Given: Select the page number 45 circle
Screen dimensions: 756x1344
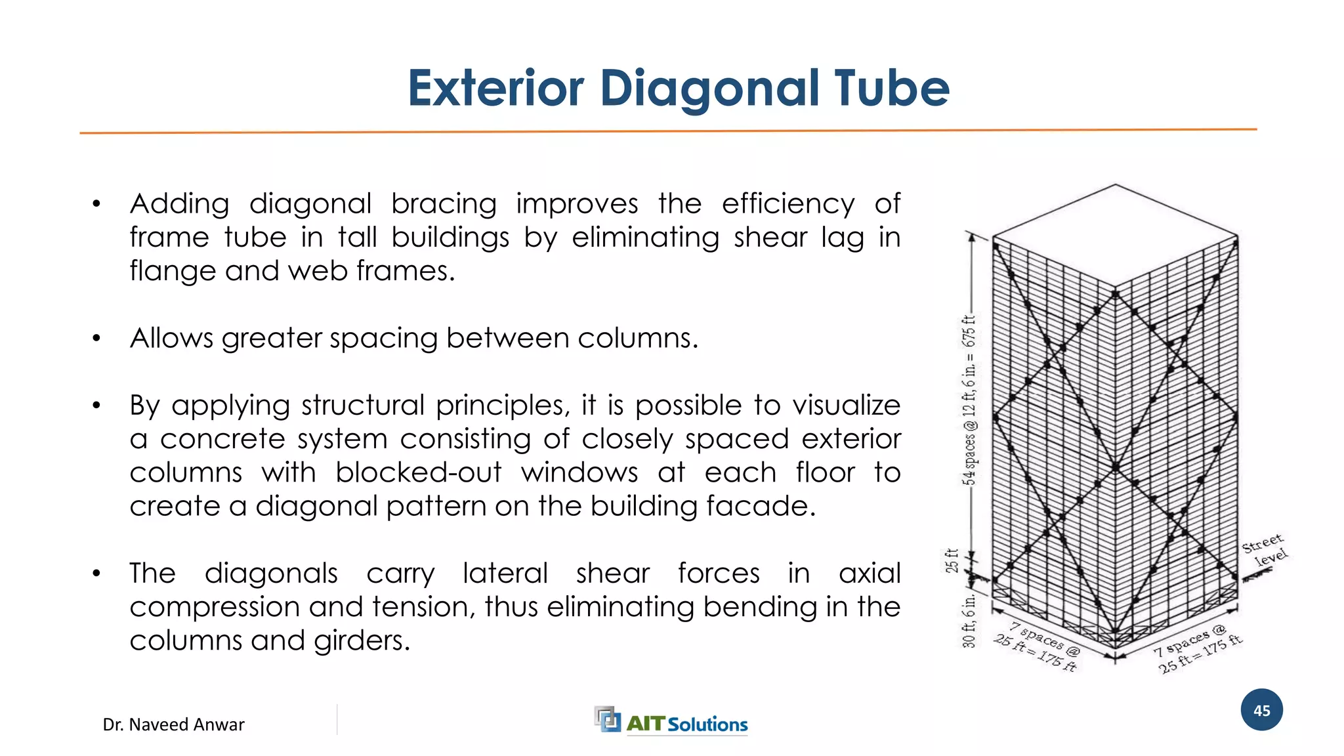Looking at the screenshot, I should click(1261, 710).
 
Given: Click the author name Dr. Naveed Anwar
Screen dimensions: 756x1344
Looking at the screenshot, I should click(173, 724).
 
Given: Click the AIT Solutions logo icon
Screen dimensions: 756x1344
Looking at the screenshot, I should click(607, 719).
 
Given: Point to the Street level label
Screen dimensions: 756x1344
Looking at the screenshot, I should click(1265, 550).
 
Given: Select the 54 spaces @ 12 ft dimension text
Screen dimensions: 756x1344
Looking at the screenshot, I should click(969, 400).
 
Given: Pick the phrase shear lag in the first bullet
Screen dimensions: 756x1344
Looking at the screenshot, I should click(792, 237).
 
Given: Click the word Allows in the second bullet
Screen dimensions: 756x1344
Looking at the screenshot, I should click(171, 338).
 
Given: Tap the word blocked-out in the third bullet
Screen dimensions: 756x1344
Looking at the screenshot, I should click(418, 472).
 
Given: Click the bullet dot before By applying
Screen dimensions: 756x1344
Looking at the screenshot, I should click(96, 406).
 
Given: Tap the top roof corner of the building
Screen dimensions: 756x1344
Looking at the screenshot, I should click(1115, 185).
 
